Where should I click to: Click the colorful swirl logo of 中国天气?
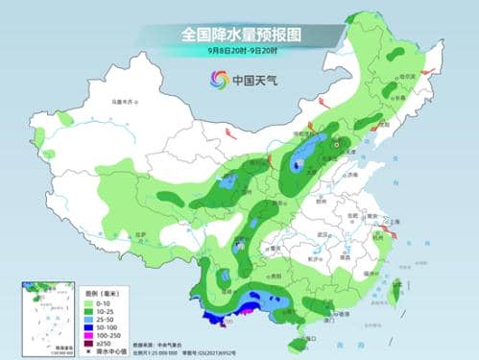point(217,81)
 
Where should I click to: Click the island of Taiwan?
point(395,287)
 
